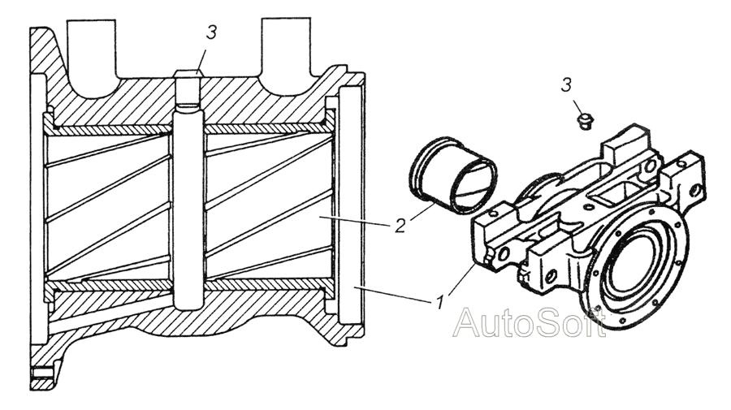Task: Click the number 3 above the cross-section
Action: tap(211, 33)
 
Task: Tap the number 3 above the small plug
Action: tap(567, 84)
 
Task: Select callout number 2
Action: tap(399, 227)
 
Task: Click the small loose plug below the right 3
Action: tap(582, 121)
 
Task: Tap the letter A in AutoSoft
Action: tap(466, 323)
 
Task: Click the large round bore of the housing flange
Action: tap(635, 261)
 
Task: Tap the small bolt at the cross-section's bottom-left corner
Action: tap(41, 374)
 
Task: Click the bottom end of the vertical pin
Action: tap(188, 302)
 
